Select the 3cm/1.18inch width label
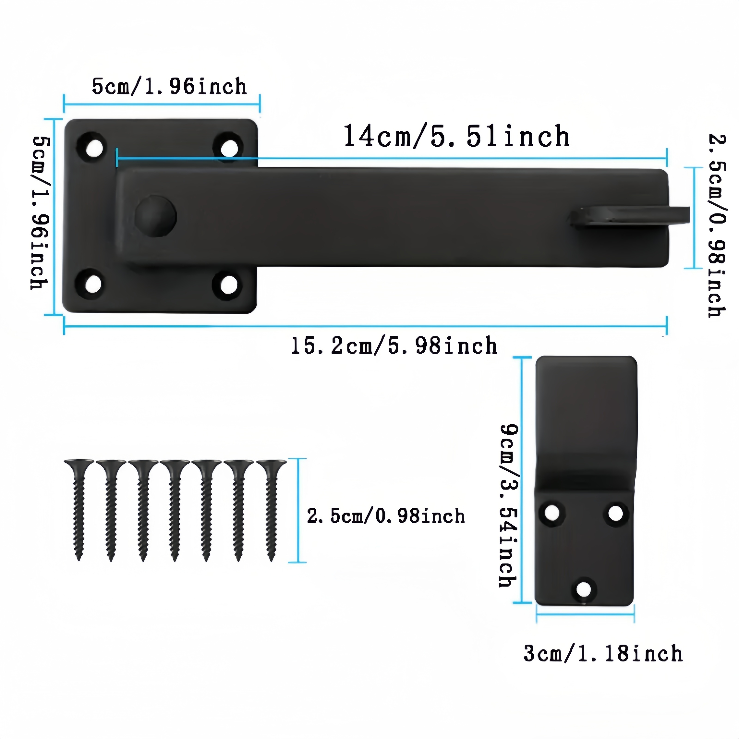pos(603,654)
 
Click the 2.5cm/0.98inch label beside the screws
pos(386,516)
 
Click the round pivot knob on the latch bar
pos(156,216)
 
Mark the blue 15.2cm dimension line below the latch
pos(365,326)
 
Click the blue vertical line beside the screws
pos(298,510)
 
